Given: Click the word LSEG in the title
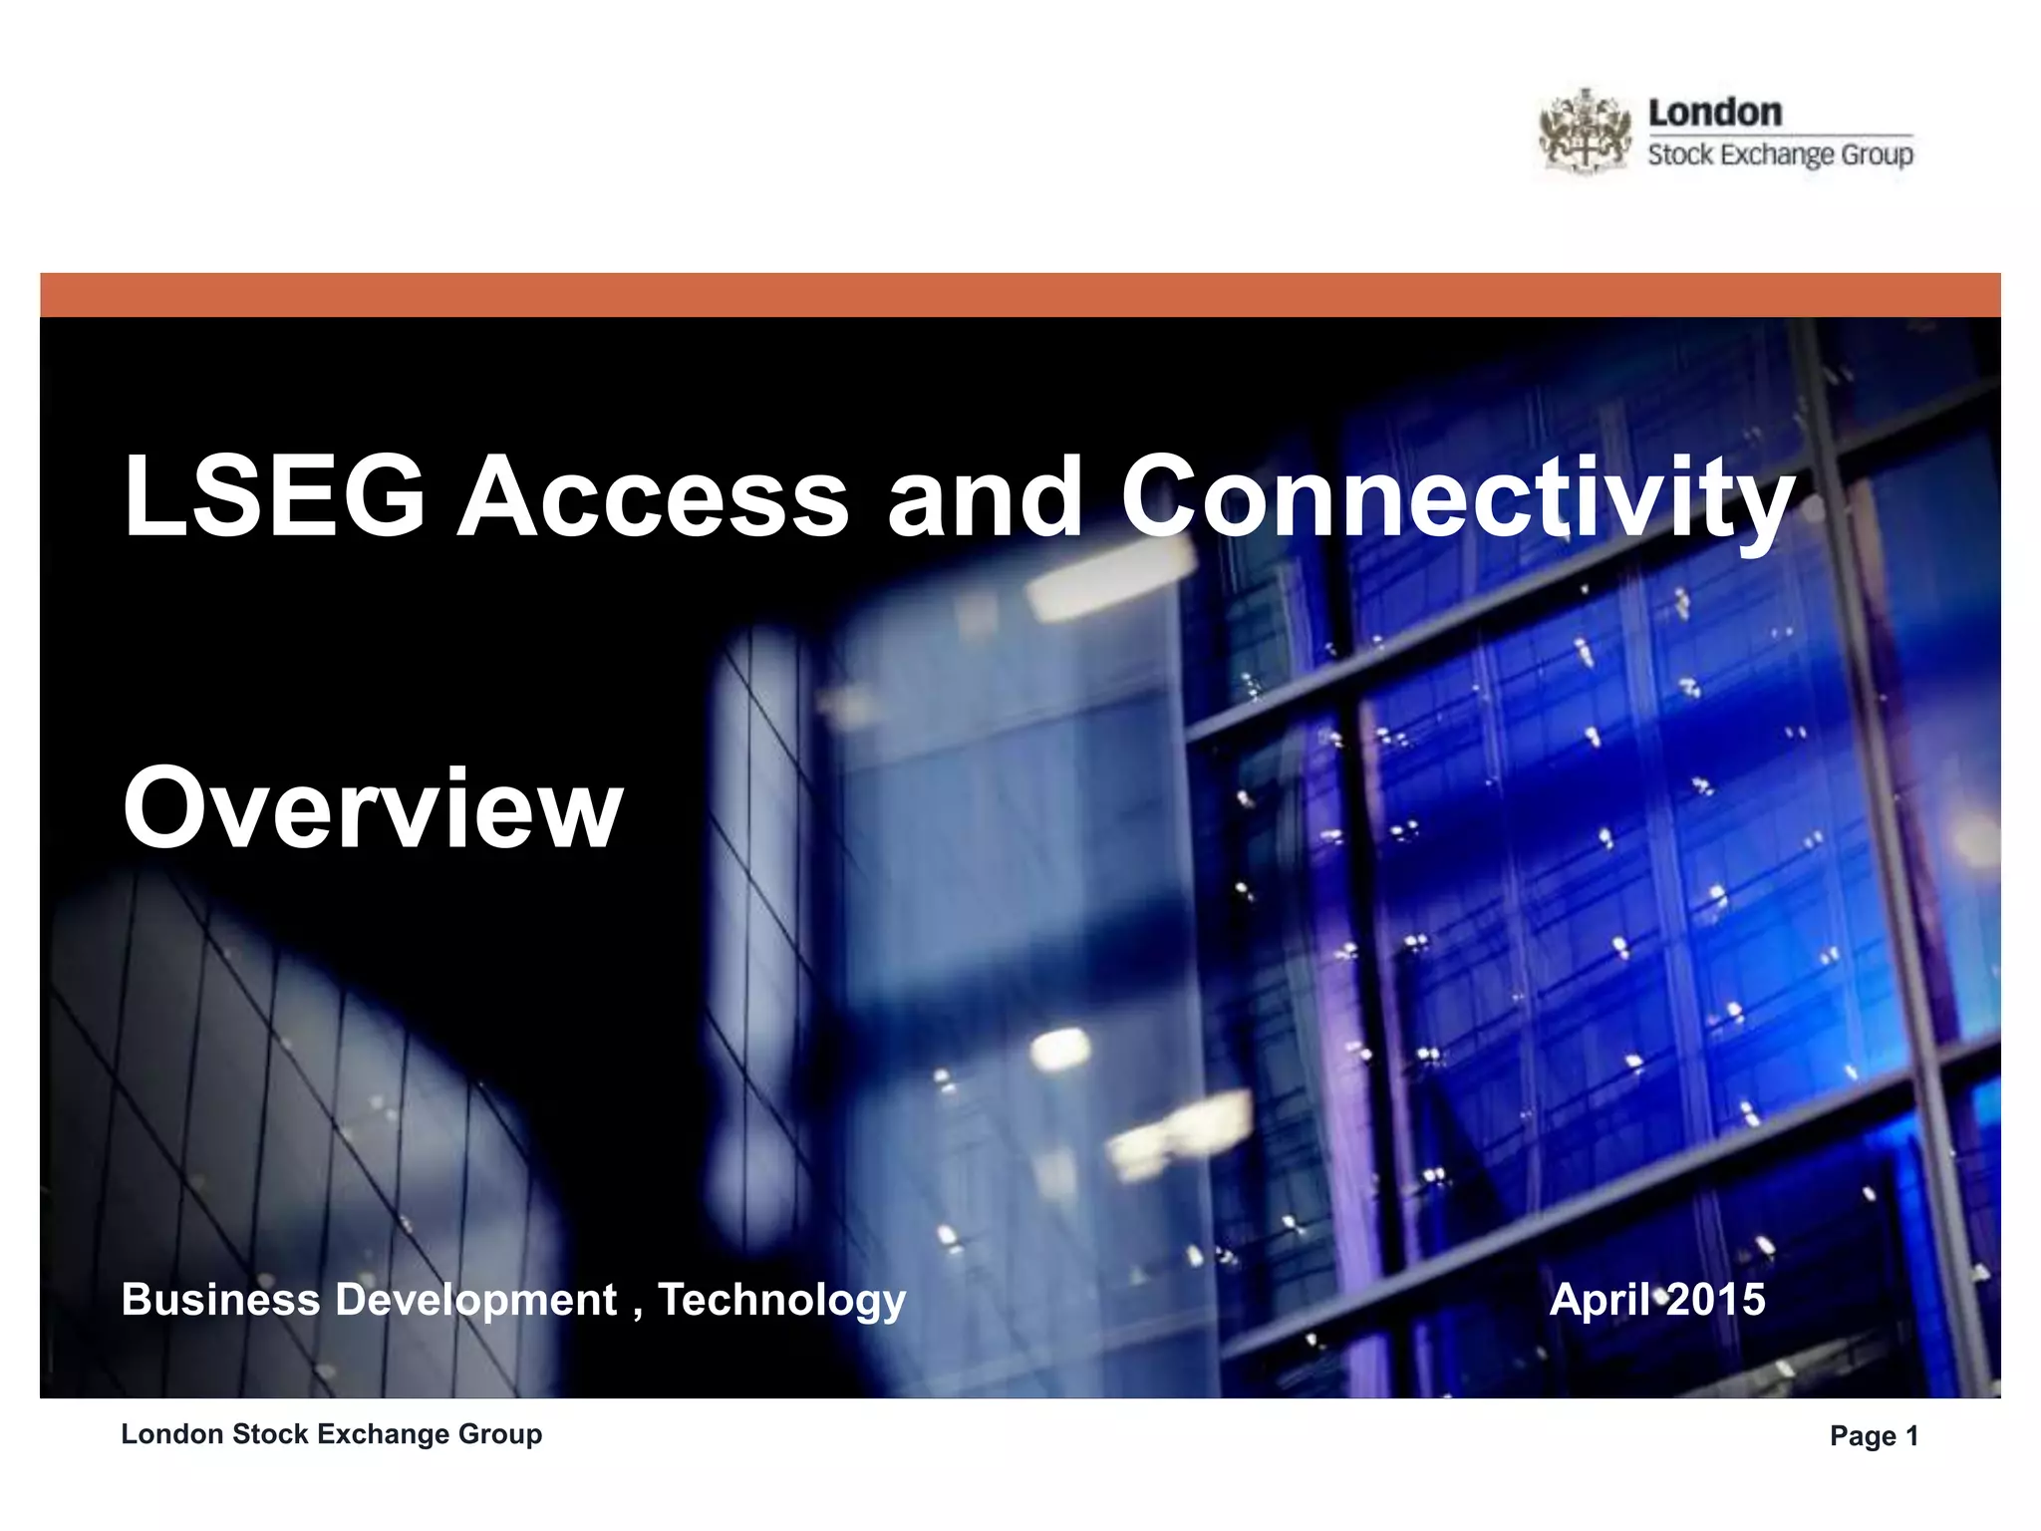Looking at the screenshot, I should click(x=274, y=495).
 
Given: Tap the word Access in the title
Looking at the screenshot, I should click(x=653, y=495).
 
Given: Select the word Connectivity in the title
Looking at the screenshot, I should click(x=1457, y=495).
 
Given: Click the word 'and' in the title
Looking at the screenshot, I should click(x=985, y=495).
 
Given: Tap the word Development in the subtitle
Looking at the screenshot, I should click(x=476, y=1300).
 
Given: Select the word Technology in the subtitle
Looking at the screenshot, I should click(x=782, y=1300).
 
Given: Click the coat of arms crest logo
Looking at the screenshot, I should click(x=1586, y=131).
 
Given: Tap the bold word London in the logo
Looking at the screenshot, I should click(x=1715, y=112).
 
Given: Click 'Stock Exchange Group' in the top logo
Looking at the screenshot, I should click(x=1780, y=154).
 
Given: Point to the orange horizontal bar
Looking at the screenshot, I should click(x=1020, y=295).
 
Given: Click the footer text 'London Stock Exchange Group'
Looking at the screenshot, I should click(x=332, y=1434).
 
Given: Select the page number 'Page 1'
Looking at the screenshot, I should click(x=1874, y=1435).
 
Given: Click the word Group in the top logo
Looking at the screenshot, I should click(x=1877, y=155).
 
